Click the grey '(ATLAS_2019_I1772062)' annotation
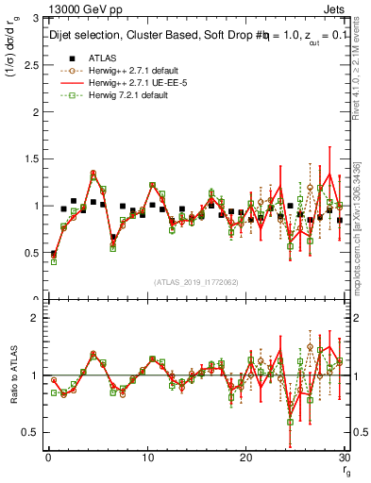(195, 282)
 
